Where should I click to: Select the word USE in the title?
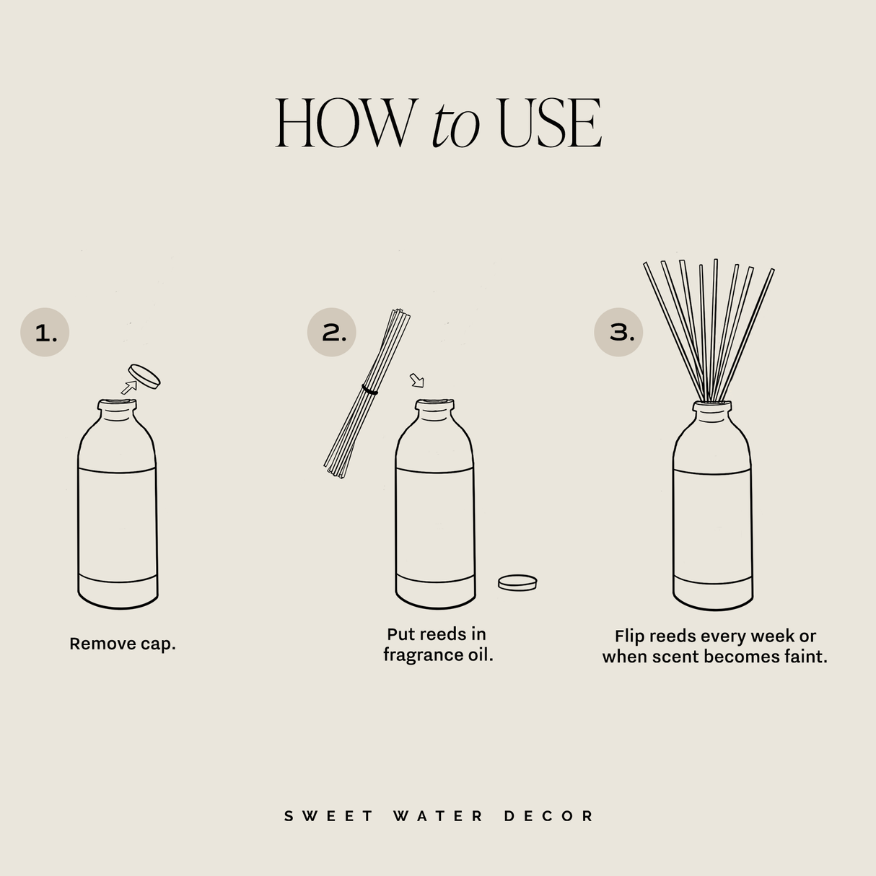pos(550,123)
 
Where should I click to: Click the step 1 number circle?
pos(45,333)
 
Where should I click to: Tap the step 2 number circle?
pos(332,332)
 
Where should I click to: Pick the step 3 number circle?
pos(618,332)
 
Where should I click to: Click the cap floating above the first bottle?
pos(144,375)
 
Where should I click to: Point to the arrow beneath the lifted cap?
pos(128,387)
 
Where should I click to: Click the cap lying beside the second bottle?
pos(517,582)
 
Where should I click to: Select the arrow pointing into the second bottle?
pos(417,380)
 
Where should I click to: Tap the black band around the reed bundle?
pos(370,390)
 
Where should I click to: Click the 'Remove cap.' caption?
pos(123,644)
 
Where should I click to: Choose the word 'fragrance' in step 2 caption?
pos(421,655)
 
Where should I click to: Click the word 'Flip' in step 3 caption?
pos(629,636)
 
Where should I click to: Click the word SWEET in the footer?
pos(329,816)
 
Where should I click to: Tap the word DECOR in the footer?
pos(548,816)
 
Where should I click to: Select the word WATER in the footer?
pos(439,816)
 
